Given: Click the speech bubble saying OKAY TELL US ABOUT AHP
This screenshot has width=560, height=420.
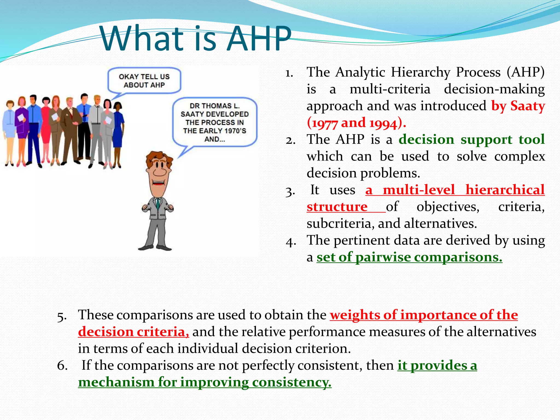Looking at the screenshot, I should tap(144, 81).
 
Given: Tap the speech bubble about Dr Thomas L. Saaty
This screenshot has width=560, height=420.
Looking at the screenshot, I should tap(215, 122).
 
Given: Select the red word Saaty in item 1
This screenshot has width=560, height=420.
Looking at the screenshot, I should tap(527, 106).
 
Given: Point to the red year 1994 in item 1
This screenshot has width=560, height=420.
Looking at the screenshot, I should tap(383, 123).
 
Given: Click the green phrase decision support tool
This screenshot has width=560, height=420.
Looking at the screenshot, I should tap(471, 139).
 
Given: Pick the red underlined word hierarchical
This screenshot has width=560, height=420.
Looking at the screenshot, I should tap(505, 190).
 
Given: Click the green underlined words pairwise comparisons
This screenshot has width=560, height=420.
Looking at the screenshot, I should tap(429, 257).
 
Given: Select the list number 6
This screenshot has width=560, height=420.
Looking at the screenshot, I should tap(62, 366).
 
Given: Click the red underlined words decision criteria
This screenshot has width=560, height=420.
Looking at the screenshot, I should tap(133, 332).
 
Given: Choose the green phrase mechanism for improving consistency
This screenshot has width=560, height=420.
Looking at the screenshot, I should tap(205, 382).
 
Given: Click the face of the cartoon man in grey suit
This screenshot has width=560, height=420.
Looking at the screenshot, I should tap(159, 172).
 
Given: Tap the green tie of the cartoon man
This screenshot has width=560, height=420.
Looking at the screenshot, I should tap(158, 204).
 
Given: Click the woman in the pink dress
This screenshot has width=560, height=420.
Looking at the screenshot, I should tap(46, 129).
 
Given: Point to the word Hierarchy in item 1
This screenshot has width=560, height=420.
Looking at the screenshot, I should tap(420, 72).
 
